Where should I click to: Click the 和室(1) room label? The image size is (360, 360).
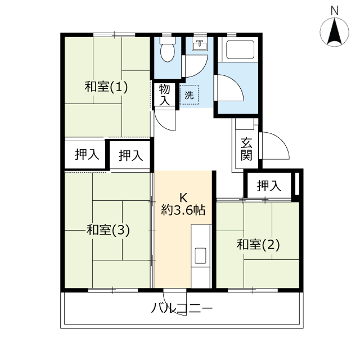click(106, 87)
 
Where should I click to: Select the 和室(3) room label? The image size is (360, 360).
click(108, 230)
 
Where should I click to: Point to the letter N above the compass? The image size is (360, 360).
click(335, 11)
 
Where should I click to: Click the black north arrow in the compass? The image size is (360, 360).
click(335, 31)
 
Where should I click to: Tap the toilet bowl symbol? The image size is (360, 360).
click(167, 50)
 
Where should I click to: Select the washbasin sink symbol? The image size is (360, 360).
click(200, 45)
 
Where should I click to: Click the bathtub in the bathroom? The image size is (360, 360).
click(240, 50)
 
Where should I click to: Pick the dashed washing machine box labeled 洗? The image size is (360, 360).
click(189, 95)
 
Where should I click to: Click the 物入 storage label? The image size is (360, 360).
click(165, 95)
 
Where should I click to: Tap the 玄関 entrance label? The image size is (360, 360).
click(246, 149)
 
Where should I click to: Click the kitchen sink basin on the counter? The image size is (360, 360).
click(200, 255)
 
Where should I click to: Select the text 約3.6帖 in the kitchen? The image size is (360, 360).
click(183, 210)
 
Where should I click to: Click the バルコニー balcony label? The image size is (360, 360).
click(182, 308)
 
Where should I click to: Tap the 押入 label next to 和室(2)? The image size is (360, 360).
click(269, 186)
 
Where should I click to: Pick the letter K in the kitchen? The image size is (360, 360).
click(183, 197)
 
